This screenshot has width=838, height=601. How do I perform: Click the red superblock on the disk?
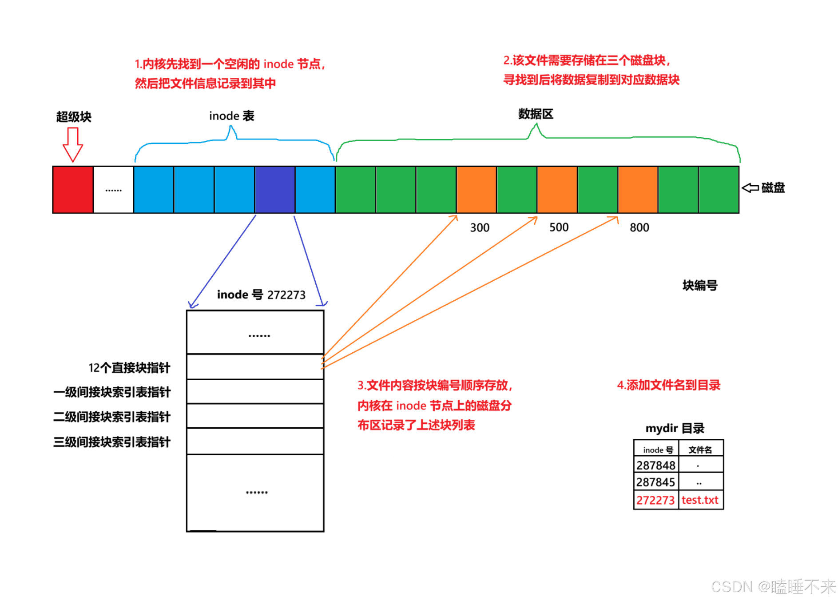pos(73,190)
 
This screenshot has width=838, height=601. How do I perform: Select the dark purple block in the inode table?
pos(274,190)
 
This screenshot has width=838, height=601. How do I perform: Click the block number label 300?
pos(480,228)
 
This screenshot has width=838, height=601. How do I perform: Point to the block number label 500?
pos(559,227)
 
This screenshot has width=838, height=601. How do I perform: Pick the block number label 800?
pos(639,228)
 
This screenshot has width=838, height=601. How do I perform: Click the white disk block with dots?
pos(113,190)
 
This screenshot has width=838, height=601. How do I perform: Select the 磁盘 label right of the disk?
pos(773,188)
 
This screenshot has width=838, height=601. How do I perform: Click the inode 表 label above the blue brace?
pos(231,116)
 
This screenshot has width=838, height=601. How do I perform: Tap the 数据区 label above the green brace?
pos(536,114)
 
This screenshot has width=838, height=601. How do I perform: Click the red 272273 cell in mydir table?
pos(655,500)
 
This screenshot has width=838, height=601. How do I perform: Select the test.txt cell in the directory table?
pos(700,500)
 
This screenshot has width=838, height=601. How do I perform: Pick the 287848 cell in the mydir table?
pos(655,466)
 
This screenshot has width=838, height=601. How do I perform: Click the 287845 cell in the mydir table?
pos(655,482)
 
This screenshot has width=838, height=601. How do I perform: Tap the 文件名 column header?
pos(700,450)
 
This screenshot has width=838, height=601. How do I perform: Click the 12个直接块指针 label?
pos(129,368)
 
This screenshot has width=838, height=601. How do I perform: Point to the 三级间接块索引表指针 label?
pos(112,442)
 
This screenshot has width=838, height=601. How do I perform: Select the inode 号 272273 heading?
pos(261,295)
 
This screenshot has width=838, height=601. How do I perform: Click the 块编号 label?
pos(700,285)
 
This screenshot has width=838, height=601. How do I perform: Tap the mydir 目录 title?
pos(675,428)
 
